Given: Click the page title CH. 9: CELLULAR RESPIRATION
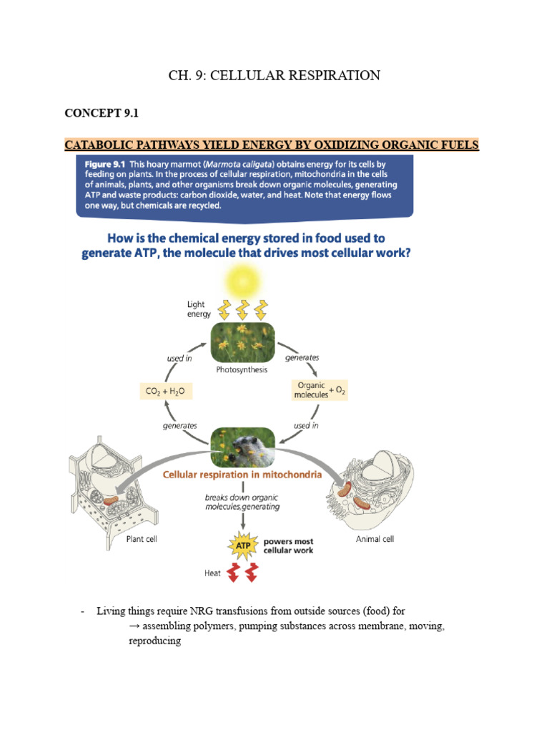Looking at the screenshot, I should pos(274,75).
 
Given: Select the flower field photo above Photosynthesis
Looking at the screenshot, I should pos(241,341).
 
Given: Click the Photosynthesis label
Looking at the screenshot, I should pos(241,370).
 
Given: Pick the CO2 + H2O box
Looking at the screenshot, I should pos(168,392).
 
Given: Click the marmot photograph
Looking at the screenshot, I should pos(241,446).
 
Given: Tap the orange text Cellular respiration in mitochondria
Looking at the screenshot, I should pos(242,474).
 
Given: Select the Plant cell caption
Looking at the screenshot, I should pos(142,539).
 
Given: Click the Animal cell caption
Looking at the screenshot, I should pos(375,539).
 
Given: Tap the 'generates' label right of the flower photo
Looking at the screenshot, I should pos(302,357).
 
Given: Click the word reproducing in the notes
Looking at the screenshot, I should pos(154,641).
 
